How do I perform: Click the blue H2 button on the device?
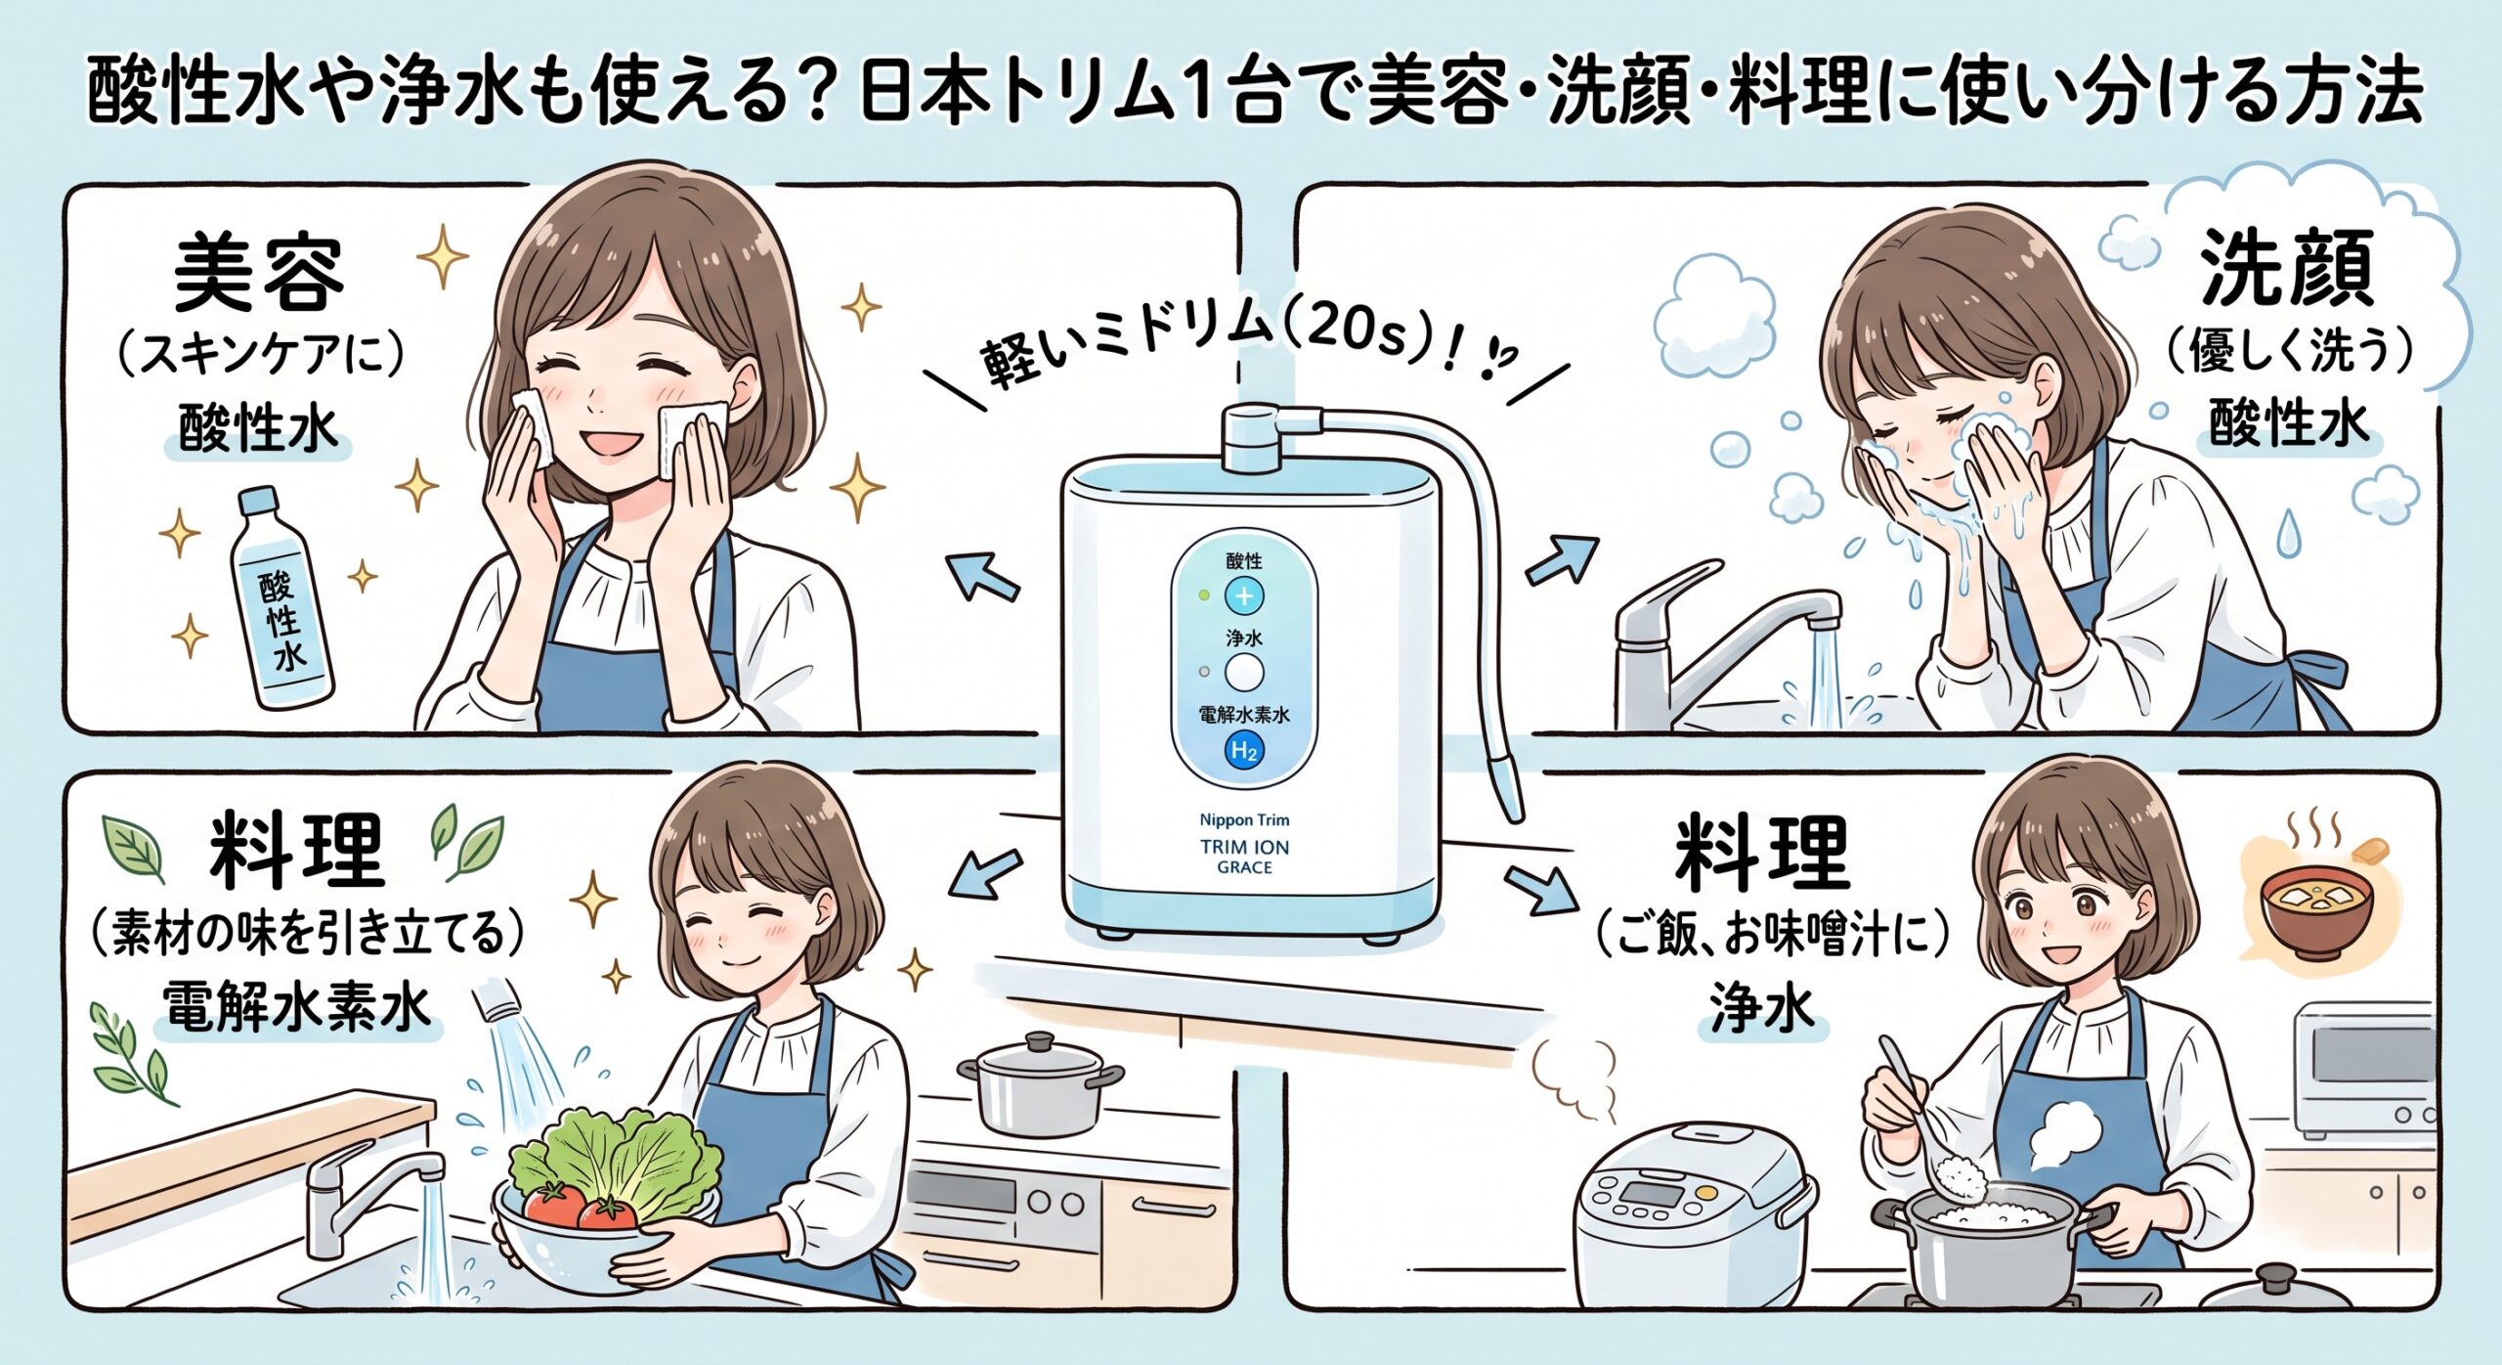1244,751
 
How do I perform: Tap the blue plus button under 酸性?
1244,595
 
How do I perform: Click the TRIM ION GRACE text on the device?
1244,857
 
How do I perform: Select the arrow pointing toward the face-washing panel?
1561,561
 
